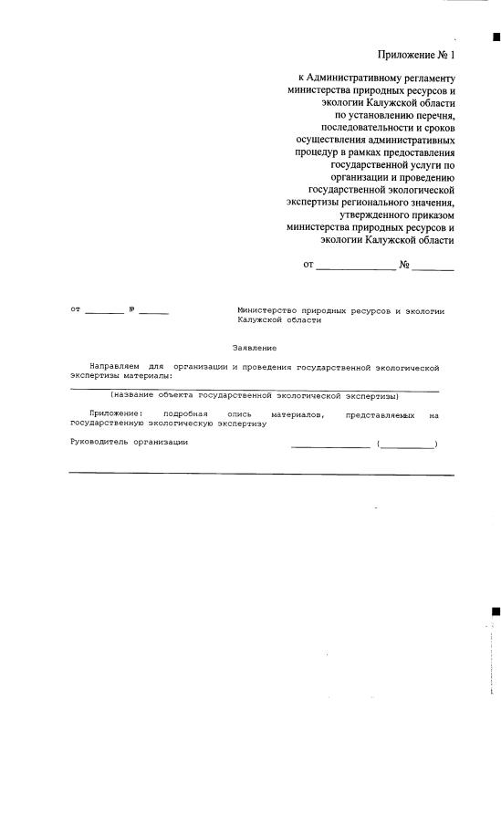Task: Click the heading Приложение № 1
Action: [415, 55]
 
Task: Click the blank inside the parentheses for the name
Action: [407, 444]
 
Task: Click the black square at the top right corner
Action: [496, 37]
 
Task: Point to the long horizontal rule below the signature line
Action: [261, 474]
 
